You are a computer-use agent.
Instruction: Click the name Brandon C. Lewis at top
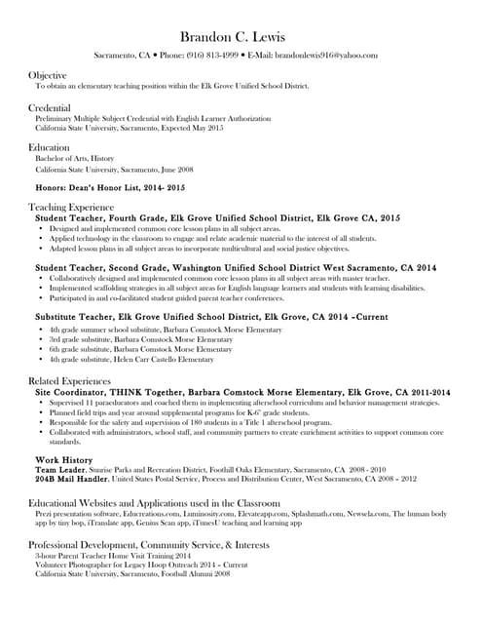pos(240,36)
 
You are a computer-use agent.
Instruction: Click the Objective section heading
pos(47,75)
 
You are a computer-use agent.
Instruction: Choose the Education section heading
pos(49,147)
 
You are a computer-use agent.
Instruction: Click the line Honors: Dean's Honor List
pos(109,186)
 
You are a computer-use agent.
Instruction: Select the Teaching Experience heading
pos(71,207)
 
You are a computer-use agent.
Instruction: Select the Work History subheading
pos(63,458)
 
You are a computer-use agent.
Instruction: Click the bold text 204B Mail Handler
pos(71,479)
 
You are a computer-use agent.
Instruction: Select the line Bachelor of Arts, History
pos(75,158)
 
